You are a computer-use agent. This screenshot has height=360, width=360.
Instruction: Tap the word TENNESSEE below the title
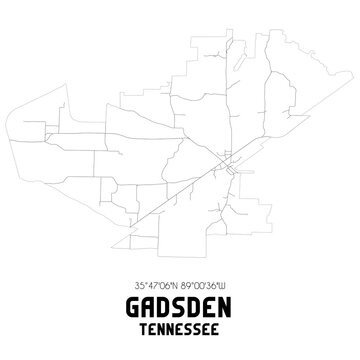click(x=180, y=324)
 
